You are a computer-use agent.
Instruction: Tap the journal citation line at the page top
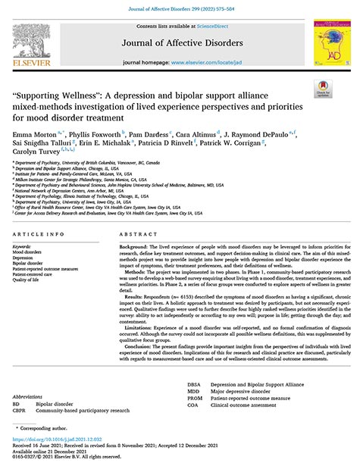tap(179, 7)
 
